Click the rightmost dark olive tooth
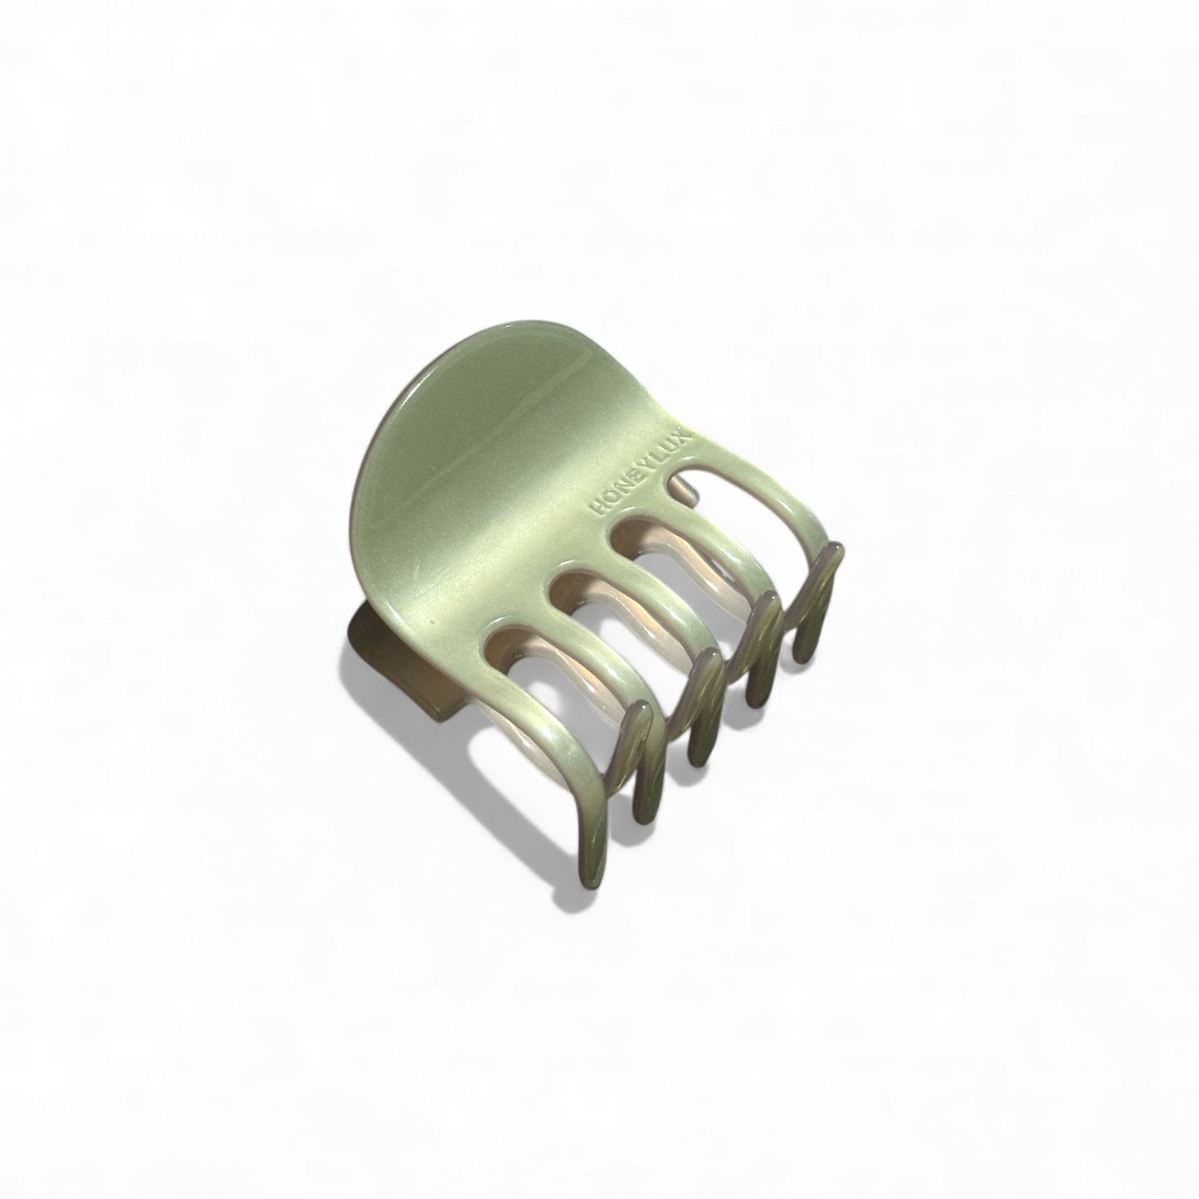(813, 602)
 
